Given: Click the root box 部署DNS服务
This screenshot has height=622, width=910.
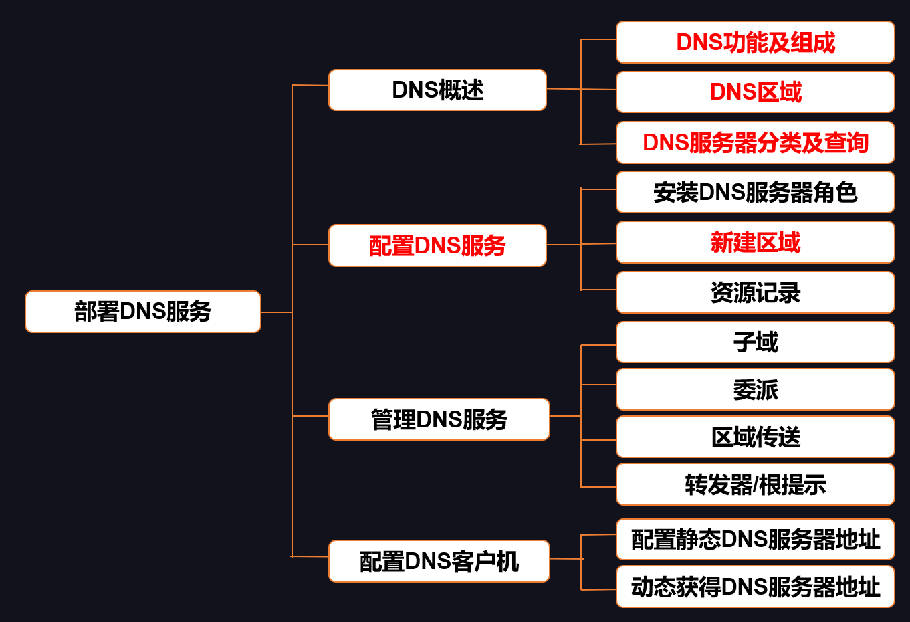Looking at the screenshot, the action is (143, 312).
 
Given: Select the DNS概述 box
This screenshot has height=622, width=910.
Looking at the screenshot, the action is (437, 90).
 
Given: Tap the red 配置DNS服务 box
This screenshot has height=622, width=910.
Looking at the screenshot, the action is (437, 245).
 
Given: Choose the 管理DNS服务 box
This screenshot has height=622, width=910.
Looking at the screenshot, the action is (439, 419).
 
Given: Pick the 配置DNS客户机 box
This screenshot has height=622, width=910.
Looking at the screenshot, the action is (439, 561).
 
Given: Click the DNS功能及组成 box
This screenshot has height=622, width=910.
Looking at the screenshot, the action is (756, 42).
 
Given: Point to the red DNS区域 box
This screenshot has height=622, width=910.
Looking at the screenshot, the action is (756, 92).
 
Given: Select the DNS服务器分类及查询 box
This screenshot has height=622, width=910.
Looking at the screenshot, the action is (756, 142).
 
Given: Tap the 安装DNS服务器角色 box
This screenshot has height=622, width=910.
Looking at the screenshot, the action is (756, 192).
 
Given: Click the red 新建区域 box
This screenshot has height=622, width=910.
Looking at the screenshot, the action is (756, 242).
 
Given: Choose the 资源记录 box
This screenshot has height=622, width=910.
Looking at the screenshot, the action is (756, 292).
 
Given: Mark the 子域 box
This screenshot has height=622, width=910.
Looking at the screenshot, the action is (756, 342).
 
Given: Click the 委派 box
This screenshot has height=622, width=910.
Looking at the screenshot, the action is (756, 389).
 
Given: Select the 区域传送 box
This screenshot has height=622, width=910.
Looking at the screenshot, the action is (756, 437).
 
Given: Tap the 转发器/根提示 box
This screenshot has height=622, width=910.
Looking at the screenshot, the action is (756, 484).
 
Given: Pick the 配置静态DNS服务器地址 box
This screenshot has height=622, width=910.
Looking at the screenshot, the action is (756, 539).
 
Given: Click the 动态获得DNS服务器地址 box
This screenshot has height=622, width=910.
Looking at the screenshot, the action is (756, 587).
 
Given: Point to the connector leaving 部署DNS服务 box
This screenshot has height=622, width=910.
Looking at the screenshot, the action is (277, 312).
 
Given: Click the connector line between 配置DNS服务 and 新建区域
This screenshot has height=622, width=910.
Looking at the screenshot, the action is (581, 245).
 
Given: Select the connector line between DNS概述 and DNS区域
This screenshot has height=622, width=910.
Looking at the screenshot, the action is (581, 89).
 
